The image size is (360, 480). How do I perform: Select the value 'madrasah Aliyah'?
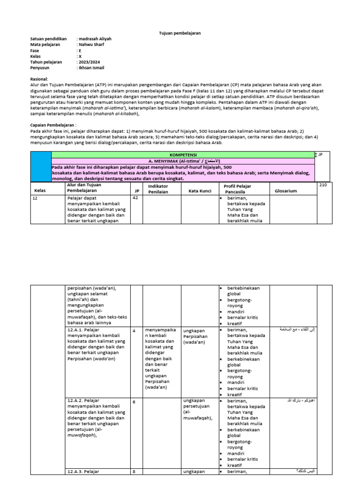tap(95, 39)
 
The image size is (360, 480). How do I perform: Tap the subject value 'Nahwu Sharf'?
tap(91, 45)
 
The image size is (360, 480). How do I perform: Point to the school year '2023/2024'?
tap(90, 62)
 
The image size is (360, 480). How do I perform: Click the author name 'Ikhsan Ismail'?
tap(92, 68)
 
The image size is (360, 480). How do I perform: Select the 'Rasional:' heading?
tap(39, 80)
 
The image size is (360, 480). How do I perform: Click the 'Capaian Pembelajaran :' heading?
tap(53, 126)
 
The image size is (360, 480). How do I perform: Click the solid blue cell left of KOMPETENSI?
tap(40, 166)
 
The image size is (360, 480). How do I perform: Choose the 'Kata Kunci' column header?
tap(200, 191)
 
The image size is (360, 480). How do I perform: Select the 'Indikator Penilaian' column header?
tap(158, 188)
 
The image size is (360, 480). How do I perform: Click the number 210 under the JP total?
tap(322, 186)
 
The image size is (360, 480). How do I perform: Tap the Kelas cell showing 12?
tap(35, 198)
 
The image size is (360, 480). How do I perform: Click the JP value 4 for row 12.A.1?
tap(134, 330)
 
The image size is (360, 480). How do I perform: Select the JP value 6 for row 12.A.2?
tap(134, 402)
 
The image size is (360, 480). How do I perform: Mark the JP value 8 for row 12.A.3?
tap(134, 472)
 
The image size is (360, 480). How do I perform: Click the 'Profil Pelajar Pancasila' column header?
tap(239, 188)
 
